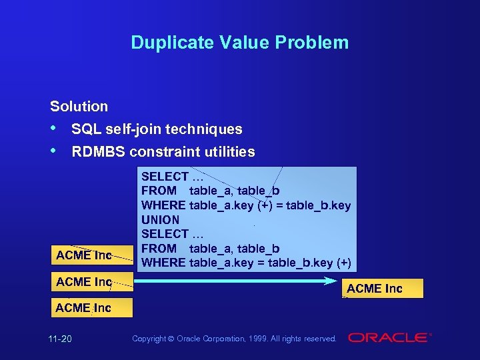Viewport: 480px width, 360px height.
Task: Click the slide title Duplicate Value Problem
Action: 239,43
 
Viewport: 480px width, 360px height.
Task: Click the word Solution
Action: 79,106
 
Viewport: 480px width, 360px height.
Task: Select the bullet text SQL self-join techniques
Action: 157,129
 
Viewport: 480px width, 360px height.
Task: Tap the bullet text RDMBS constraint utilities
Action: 163,152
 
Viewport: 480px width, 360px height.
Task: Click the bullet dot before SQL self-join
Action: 54,128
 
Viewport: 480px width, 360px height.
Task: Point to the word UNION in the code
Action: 160,219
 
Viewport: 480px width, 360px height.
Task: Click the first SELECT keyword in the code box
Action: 165,177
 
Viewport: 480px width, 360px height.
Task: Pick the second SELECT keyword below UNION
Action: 165,234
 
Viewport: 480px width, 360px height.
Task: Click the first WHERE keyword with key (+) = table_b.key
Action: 163,205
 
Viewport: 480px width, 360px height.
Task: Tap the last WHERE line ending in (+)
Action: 246,263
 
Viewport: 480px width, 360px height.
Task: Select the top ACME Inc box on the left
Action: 84,255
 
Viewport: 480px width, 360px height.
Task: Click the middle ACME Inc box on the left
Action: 84,282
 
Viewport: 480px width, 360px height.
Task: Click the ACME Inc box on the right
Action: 375,288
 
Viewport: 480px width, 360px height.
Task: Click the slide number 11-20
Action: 60,339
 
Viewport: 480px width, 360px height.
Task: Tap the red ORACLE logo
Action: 389,338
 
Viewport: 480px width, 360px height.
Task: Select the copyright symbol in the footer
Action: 172,339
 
